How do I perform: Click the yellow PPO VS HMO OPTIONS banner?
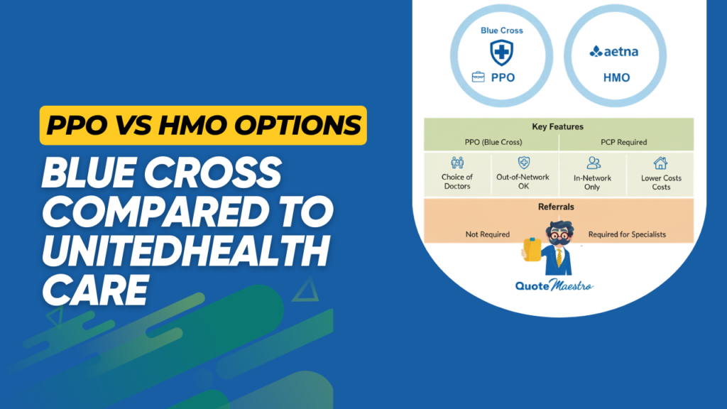pyautogui.click(x=203, y=125)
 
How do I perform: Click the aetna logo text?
pyautogui.click(x=614, y=51)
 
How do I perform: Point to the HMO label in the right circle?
pyautogui.click(x=615, y=77)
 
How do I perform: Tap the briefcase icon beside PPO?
pyautogui.click(x=479, y=77)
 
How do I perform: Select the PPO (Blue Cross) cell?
pyautogui.click(x=491, y=141)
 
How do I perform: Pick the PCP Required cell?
pyautogui.click(x=625, y=141)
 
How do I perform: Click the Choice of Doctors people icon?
pyautogui.click(x=457, y=163)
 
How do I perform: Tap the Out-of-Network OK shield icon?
pyautogui.click(x=523, y=163)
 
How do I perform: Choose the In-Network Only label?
pyautogui.click(x=592, y=182)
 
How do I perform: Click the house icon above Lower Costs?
pyautogui.click(x=661, y=163)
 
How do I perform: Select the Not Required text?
pyautogui.click(x=487, y=234)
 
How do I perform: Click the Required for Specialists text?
pyautogui.click(x=627, y=234)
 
